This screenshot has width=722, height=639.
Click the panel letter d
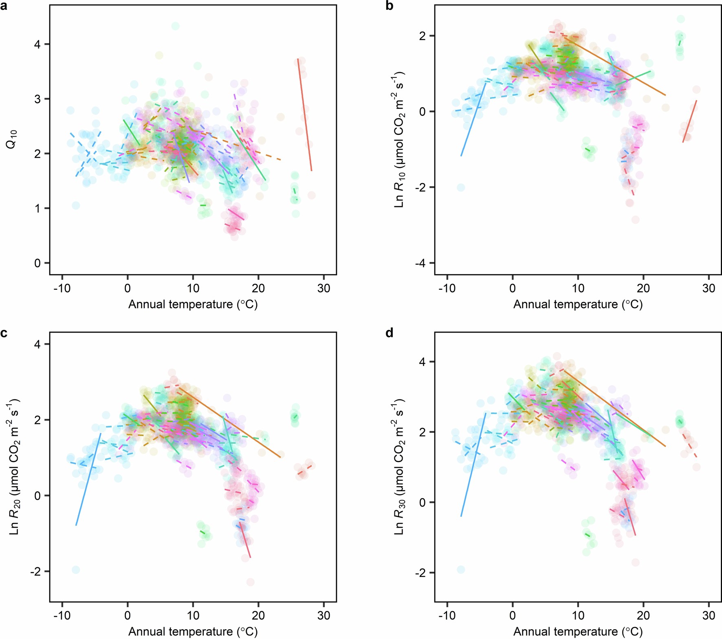tap(390, 333)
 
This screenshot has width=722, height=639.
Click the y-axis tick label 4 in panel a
tap(37, 44)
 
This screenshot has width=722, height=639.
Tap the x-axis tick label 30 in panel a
tap(324, 289)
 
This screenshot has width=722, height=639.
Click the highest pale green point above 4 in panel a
tap(175, 26)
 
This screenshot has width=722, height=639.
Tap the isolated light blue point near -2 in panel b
tap(461, 187)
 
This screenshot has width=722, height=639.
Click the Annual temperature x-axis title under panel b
tap(578, 304)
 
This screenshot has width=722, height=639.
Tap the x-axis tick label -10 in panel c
tap(62, 616)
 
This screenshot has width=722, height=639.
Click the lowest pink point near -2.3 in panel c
tap(250, 582)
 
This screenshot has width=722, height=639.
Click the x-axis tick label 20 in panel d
tap(643, 616)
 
